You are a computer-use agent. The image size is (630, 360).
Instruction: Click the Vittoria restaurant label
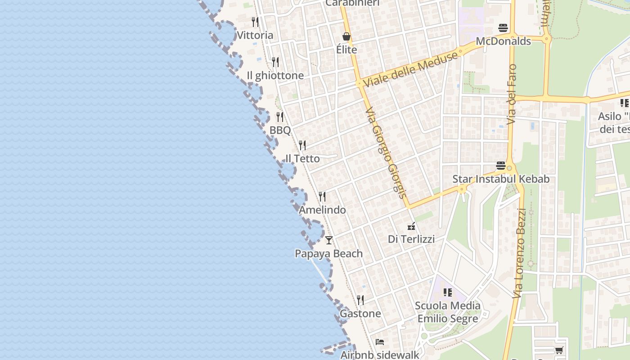point(255,35)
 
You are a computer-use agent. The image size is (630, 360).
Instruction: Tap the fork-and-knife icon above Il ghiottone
point(275,62)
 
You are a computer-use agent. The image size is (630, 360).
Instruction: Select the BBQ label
point(280,130)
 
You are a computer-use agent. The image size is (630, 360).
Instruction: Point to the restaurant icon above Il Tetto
point(302,145)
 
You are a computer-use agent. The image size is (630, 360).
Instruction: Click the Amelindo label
point(322,210)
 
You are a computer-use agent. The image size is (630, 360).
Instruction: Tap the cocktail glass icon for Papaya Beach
point(329,240)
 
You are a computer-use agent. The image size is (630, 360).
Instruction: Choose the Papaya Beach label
point(328,253)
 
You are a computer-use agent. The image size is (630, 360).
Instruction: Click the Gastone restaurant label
point(360,314)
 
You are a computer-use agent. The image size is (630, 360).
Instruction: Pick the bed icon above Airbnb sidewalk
point(380,342)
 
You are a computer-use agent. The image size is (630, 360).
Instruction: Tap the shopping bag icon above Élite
point(346,36)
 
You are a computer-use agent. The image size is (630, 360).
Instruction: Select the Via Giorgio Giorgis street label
point(386,153)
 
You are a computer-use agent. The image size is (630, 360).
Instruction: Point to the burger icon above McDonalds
point(503,28)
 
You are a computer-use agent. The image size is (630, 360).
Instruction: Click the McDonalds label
point(503,41)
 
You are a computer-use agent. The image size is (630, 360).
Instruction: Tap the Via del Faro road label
point(512,94)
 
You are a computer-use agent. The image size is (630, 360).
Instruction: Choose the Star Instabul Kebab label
point(501,179)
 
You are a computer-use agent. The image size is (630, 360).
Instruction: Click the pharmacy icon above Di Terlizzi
point(411,226)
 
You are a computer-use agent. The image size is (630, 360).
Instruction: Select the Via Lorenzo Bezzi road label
point(519,253)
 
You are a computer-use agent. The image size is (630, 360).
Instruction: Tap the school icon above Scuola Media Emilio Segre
point(447,292)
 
